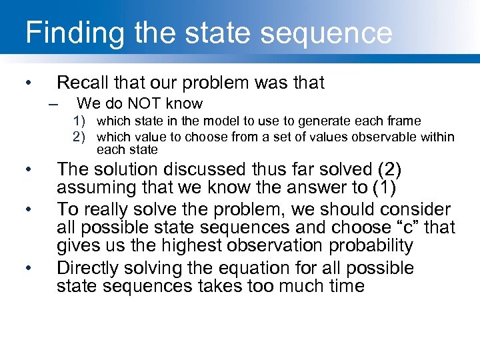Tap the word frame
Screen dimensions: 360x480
coord(404,121)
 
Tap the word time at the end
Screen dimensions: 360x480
coord(343,287)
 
